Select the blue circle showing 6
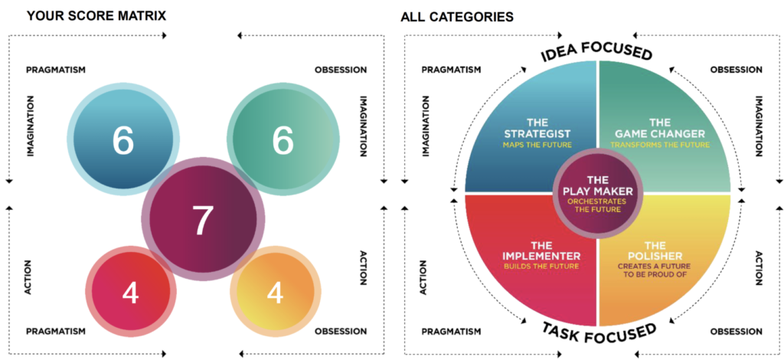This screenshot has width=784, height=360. tap(123, 140)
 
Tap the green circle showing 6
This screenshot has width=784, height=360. tap(283, 140)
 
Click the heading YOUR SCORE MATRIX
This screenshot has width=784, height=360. tap(96, 15)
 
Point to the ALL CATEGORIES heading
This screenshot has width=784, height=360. tap(458, 16)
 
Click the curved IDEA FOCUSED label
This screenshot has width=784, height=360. tap(597, 51)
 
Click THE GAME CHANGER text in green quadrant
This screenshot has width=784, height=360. tap(660, 128)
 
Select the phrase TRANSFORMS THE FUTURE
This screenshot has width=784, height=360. tap(659, 144)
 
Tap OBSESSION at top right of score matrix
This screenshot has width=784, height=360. tap(340, 70)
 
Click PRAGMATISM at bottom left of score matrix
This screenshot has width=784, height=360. tap(55, 332)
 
